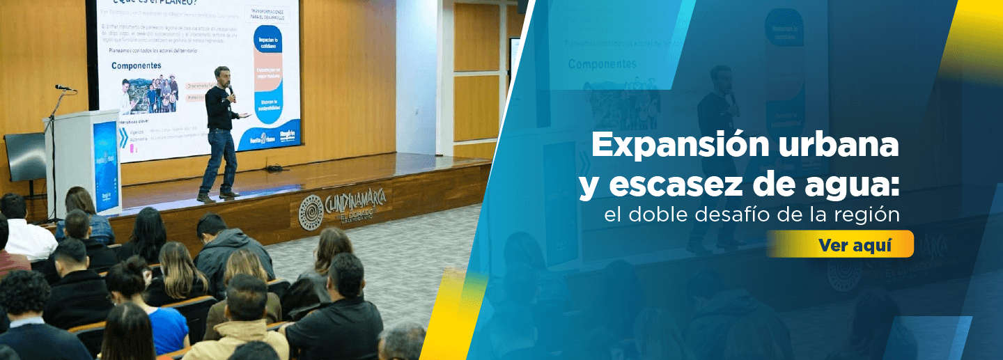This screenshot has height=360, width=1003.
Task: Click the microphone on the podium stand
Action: click(x=63, y=88)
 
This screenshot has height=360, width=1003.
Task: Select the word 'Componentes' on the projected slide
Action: click(x=136, y=65)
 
